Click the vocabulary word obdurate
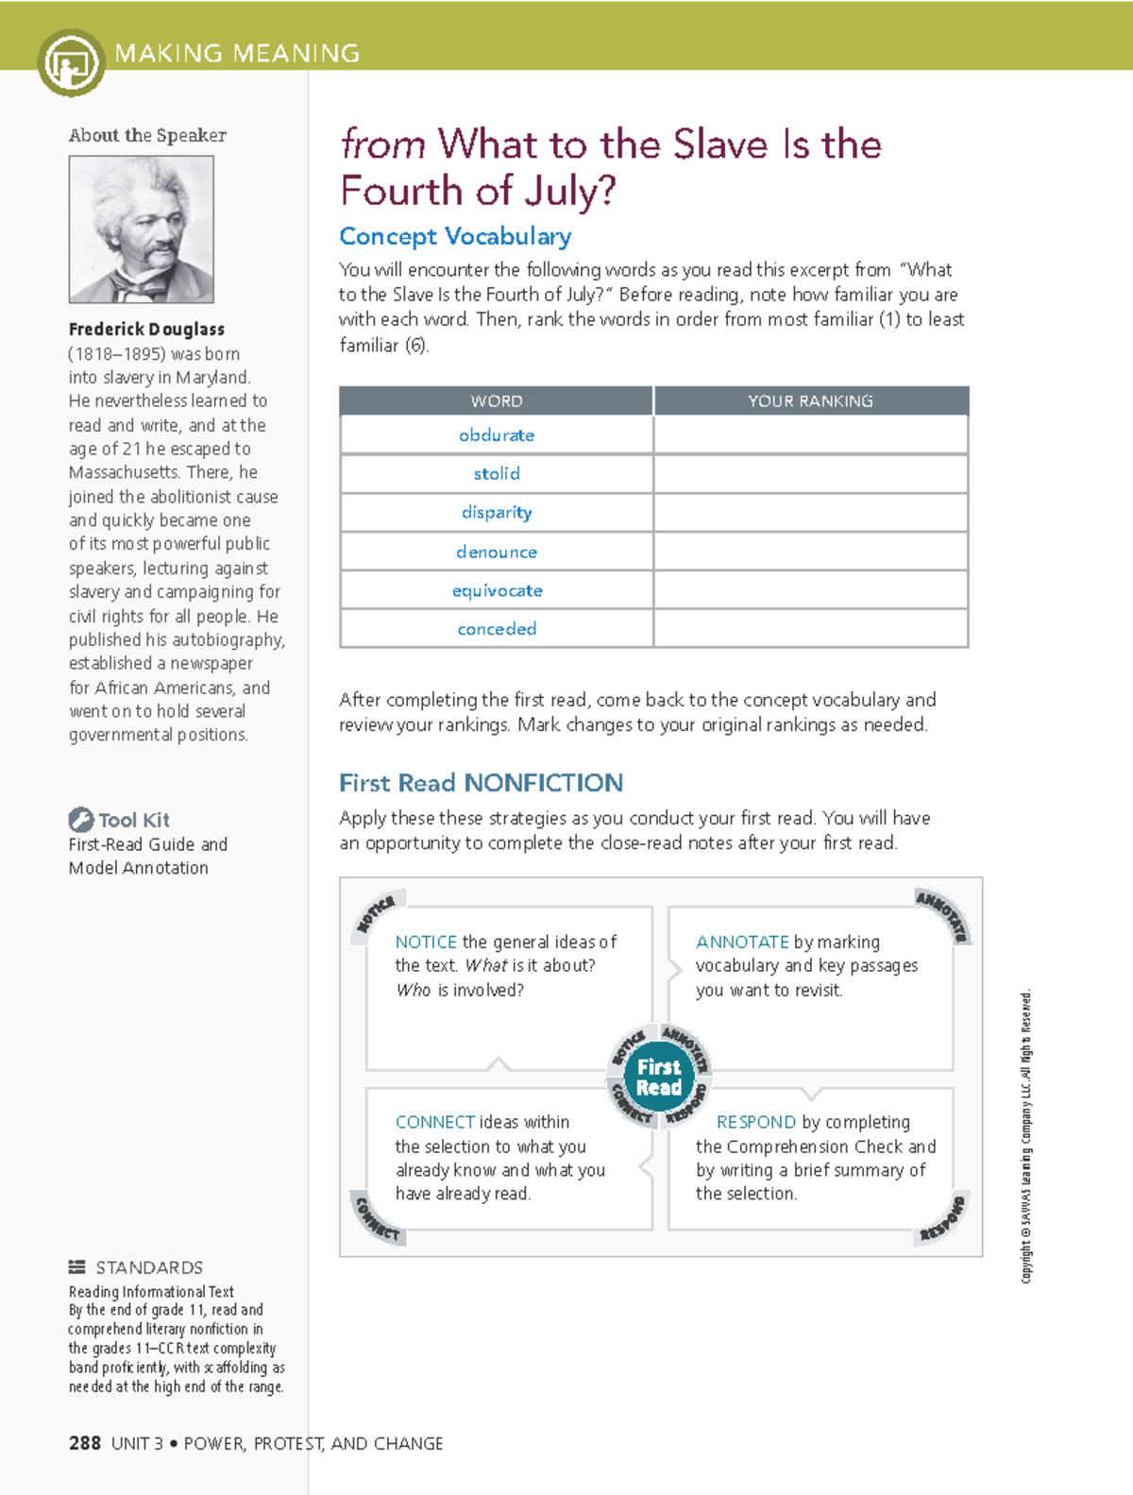497,435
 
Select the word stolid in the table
497,474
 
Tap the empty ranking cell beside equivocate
810,590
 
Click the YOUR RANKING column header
810,401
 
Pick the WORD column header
497,401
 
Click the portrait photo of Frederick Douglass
142,229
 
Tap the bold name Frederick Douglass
146,330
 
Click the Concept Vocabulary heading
455,236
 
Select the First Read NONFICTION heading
481,783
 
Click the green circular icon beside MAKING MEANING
71,63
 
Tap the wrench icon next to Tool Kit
80,819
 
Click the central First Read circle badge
659,1077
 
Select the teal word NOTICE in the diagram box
426,942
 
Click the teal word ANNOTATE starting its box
742,942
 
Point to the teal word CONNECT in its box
435,1122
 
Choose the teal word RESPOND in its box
756,1122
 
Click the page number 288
85,1443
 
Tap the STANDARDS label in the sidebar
149,1267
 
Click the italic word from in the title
382,144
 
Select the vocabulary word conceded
497,629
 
